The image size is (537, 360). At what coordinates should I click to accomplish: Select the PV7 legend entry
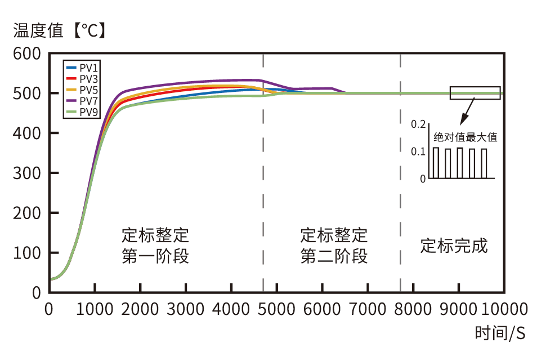(x=82, y=101)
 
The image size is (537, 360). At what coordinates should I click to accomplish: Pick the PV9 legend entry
(x=82, y=112)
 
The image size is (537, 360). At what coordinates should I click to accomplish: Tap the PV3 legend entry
(x=82, y=78)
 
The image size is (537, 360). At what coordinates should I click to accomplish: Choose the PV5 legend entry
(x=82, y=90)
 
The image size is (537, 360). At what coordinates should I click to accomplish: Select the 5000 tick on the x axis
(x=276, y=309)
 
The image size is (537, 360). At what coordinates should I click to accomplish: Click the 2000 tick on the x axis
(x=140, y=309)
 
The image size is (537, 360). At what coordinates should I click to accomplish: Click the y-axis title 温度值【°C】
(x=60, y=30)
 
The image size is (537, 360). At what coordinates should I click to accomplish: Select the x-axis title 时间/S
(x=500, y=333)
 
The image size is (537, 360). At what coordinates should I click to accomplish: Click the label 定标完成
(x=454, y=246)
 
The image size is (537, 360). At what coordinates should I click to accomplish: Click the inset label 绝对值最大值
(x=465, y=137)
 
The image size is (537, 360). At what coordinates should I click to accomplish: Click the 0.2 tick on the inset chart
(x=418, y=124)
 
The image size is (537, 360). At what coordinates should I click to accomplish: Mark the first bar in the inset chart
(x=435, y=163)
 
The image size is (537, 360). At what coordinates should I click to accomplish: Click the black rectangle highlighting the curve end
(x=475, y=93)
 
